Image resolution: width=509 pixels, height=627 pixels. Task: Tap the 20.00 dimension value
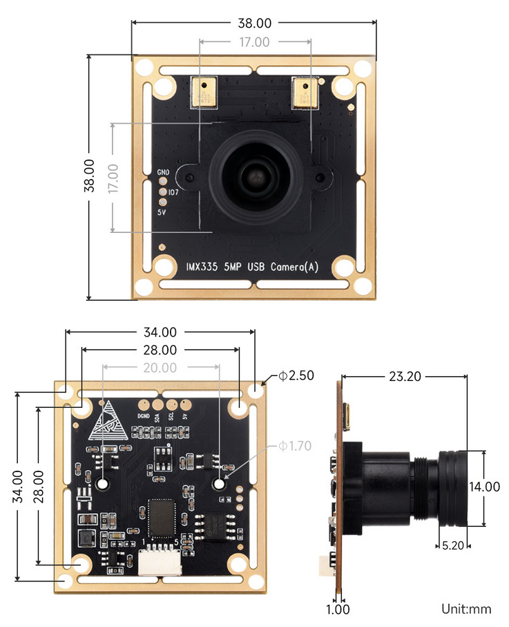(x=160, y=368)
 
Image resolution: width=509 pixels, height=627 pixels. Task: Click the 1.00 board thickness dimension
(x=338, y=609)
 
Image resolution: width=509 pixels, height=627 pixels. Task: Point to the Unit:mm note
(x=466, y=609)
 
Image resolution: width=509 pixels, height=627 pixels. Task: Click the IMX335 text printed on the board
(x=203, y=267)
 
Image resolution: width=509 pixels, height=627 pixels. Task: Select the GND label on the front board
(x=163, y=171)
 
